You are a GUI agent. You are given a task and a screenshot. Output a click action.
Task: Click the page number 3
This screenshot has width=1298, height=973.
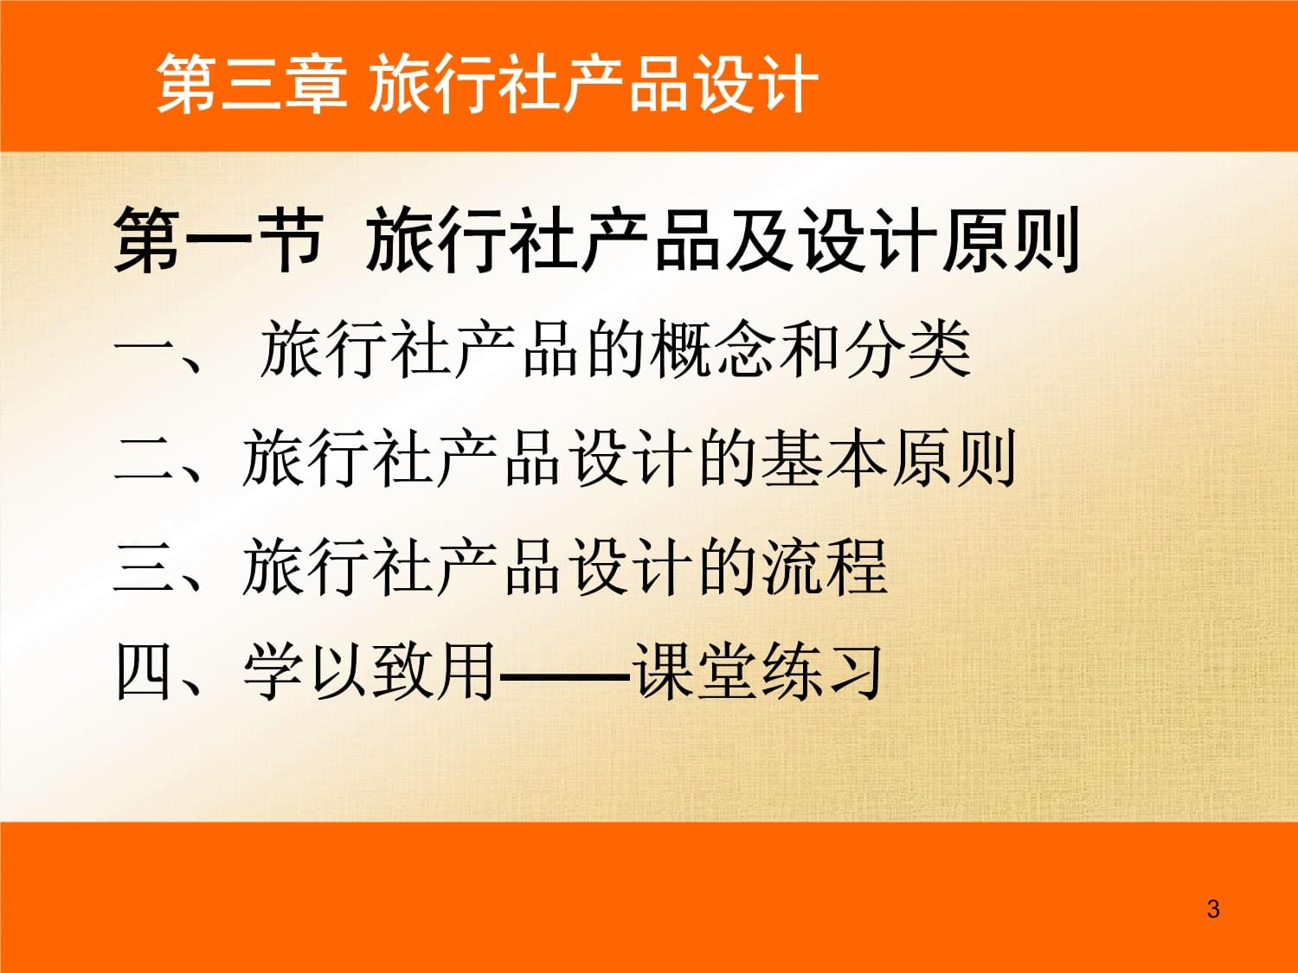point(1213,909)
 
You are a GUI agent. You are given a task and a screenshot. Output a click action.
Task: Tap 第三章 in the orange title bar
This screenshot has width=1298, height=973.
point(251,84)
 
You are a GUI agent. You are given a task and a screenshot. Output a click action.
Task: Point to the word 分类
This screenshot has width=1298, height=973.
point(908,349)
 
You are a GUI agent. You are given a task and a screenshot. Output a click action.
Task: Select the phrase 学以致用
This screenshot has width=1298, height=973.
point(370,672)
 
